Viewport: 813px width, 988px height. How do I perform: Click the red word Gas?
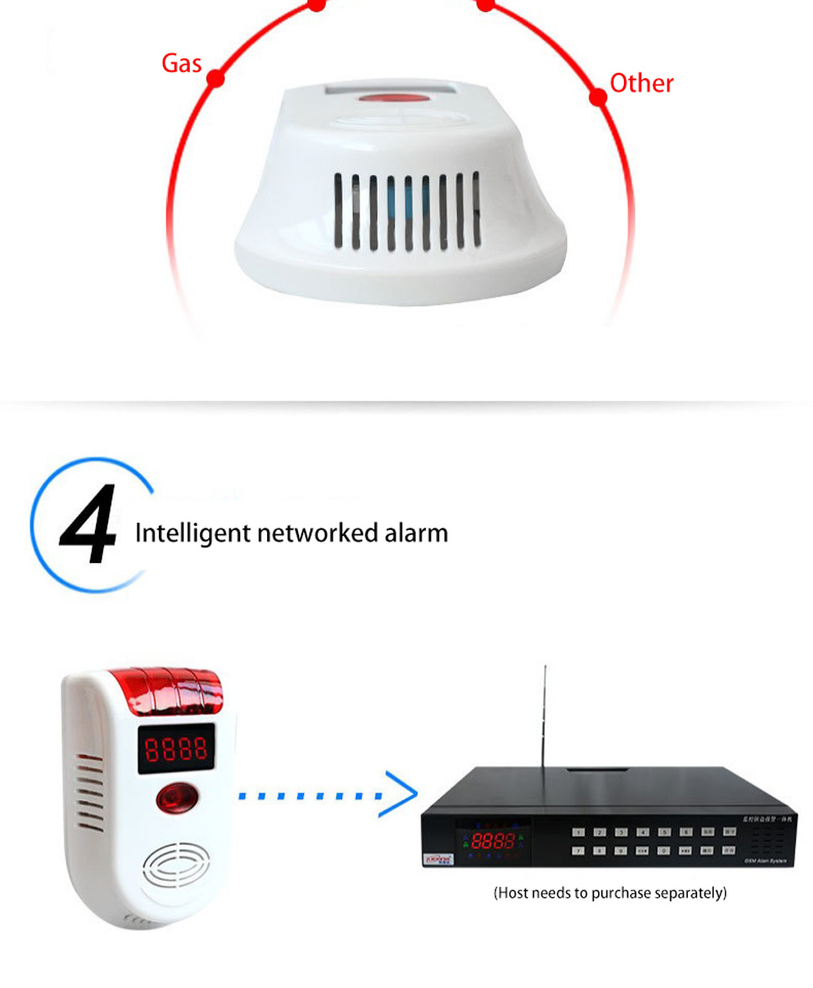point(181,63)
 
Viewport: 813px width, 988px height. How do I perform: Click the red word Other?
point(641,83)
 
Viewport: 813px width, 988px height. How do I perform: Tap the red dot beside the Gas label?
point(215,79)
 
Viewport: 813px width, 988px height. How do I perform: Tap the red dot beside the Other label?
point(598,97)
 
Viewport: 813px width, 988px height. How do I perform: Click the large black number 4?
point(89,526)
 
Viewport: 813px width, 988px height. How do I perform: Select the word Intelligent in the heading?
point(192,533)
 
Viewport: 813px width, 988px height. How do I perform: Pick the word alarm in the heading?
point(417,533)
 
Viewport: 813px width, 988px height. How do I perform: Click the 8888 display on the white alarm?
point(175,749)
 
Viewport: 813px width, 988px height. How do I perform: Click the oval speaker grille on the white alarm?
point(176,865)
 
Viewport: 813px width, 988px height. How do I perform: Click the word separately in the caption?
point(693,893)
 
